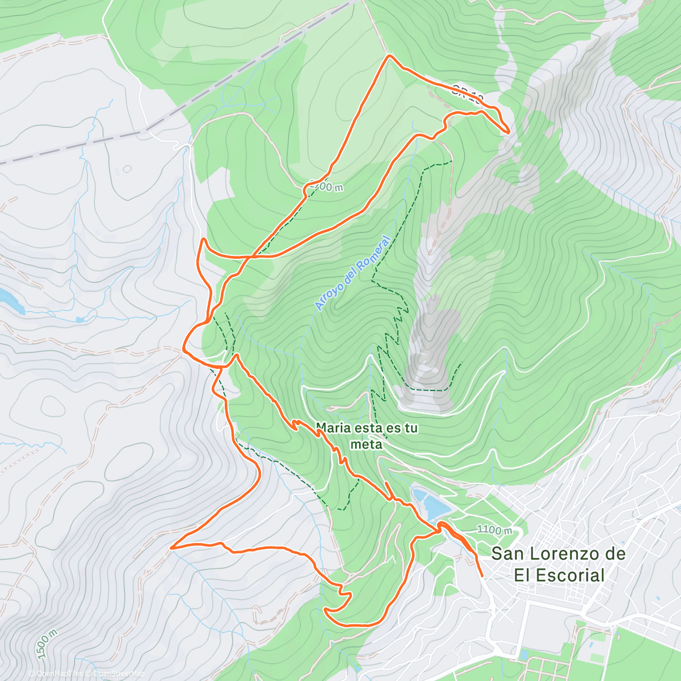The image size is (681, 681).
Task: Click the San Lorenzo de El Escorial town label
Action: (558, 564)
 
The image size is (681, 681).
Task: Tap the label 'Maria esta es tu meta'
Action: (367, 435)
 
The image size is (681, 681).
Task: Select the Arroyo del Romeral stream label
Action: (353, 274)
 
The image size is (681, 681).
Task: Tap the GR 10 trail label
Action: (468, 94)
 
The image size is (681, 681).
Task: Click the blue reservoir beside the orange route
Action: (431, 503)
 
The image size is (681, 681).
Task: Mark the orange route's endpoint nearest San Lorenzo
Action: (482, 575)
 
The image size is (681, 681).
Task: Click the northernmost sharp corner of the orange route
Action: (389, 56)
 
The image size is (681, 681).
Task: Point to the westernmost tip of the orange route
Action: (171, 548)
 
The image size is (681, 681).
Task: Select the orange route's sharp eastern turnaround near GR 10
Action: (508, 132)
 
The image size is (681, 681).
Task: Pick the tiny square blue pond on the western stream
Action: (79, 320)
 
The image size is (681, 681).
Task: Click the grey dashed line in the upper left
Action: (74, 146)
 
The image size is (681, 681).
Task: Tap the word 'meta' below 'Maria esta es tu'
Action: (367, 444)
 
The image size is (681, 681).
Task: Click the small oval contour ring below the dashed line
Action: (127, 169)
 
